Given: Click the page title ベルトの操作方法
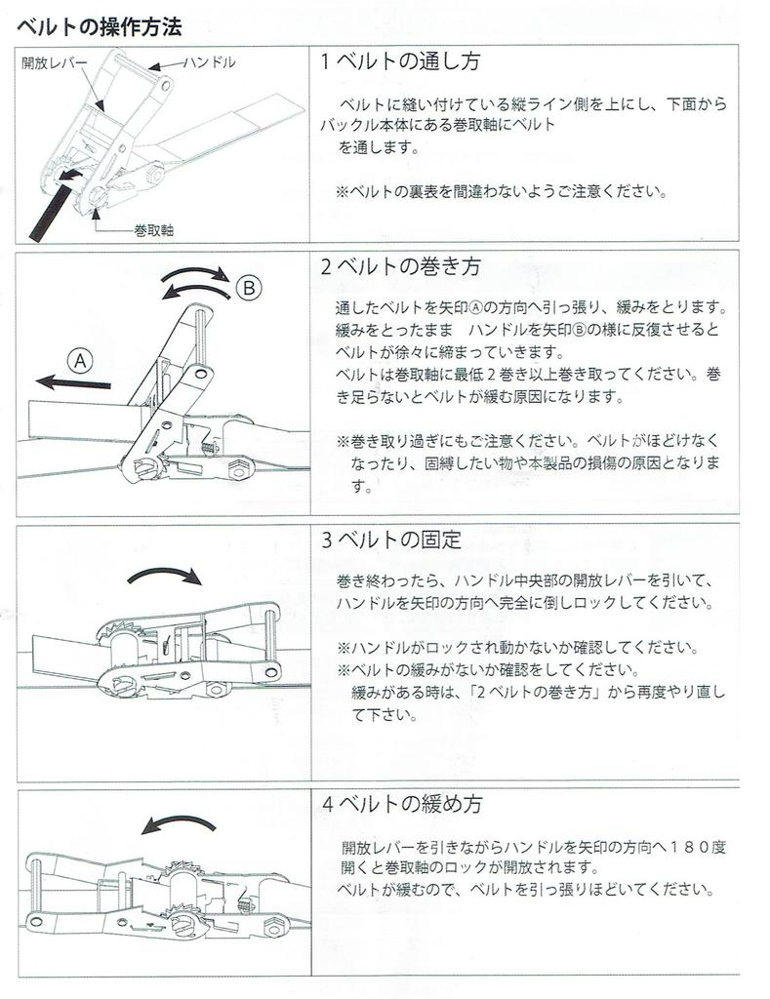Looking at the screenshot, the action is click(x=99, y=26).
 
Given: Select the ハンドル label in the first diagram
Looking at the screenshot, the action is click(x=209, y=61).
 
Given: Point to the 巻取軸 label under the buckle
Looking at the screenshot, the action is click(x=153, y=230).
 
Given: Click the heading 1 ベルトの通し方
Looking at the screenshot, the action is click(x=400, y=61).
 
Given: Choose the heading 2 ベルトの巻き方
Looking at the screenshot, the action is click(x=400, y=265).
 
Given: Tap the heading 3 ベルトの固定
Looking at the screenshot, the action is click(x=390, y=539).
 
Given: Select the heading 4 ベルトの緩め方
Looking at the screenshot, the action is click(x=401, y=804).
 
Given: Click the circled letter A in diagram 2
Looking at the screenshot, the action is click(x=80, y=361).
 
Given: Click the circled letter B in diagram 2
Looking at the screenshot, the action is click(x=249, y=289).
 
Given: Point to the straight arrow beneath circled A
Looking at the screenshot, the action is click(x=72, y=382).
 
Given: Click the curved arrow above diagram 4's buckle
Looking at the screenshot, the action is click(x=180, y=822).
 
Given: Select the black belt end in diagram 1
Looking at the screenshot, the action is click(x=54, y=206).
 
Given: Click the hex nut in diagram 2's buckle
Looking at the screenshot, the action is click(x=240, y=469).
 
